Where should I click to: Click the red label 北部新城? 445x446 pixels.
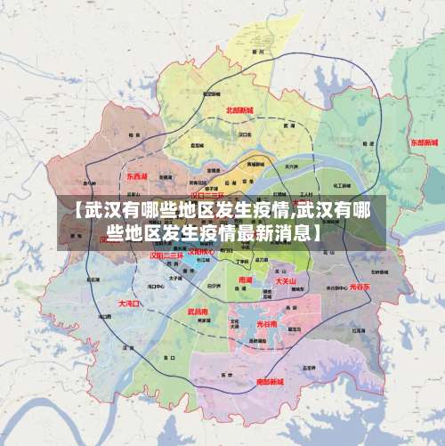click(x=239, y=110)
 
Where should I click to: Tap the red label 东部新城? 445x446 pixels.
click(x=424, y=142)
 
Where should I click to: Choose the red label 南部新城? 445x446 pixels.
click(x=270, y=381)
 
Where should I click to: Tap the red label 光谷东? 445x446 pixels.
click(x=360, y=287)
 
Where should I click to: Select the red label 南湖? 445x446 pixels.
click(x=246, y=280)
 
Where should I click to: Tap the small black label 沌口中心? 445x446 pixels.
click(x=155, y=288)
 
